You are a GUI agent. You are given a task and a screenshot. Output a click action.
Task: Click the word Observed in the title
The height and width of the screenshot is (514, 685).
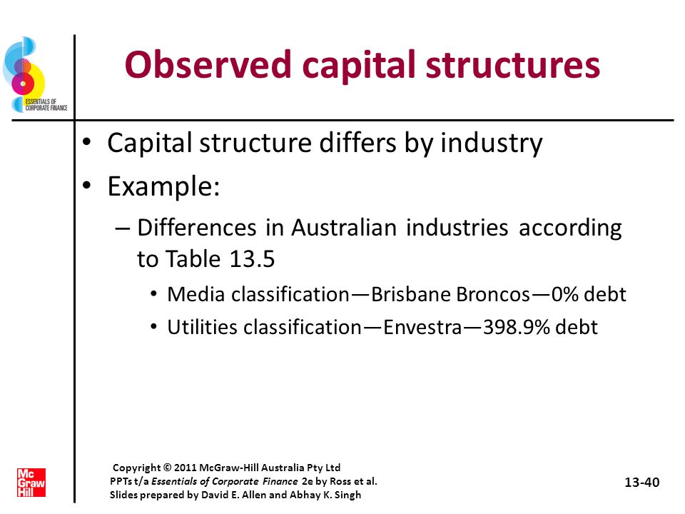(x=208, y=64)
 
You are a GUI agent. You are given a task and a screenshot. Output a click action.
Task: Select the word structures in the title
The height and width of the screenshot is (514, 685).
(x=512, y=65)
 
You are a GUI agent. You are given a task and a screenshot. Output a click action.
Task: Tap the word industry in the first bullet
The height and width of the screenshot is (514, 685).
(x=491, y=143)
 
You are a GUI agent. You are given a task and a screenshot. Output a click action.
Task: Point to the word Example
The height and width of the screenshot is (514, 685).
(x=163, y=187)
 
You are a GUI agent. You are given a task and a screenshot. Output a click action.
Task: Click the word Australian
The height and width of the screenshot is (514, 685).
(x=344, y=228)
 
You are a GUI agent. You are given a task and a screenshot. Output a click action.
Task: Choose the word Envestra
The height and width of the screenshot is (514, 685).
(x=422, y=327)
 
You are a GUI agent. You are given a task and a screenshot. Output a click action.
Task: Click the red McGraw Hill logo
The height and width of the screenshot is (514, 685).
(x=31, y=483)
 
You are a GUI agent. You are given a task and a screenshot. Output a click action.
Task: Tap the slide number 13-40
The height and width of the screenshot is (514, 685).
(x=641, y=482)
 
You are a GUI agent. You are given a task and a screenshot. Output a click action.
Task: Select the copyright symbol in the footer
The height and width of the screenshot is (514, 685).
(x=167, y=468)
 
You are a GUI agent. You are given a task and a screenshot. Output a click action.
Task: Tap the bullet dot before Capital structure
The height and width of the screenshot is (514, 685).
(x=87, y=143)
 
